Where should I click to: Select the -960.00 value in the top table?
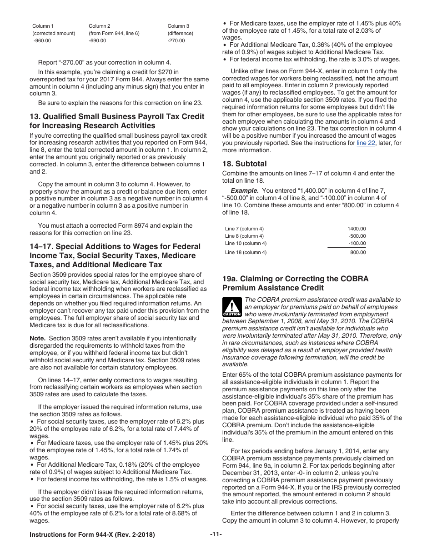coord(42,40)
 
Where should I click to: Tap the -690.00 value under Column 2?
coord(97,40)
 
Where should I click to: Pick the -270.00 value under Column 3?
coord(176,40)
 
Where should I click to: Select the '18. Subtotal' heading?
coord(244,164)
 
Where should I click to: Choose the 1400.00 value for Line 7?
coord(357,229)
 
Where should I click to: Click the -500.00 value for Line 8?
coord(357,236)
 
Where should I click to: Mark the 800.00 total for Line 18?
coord(358,252)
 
